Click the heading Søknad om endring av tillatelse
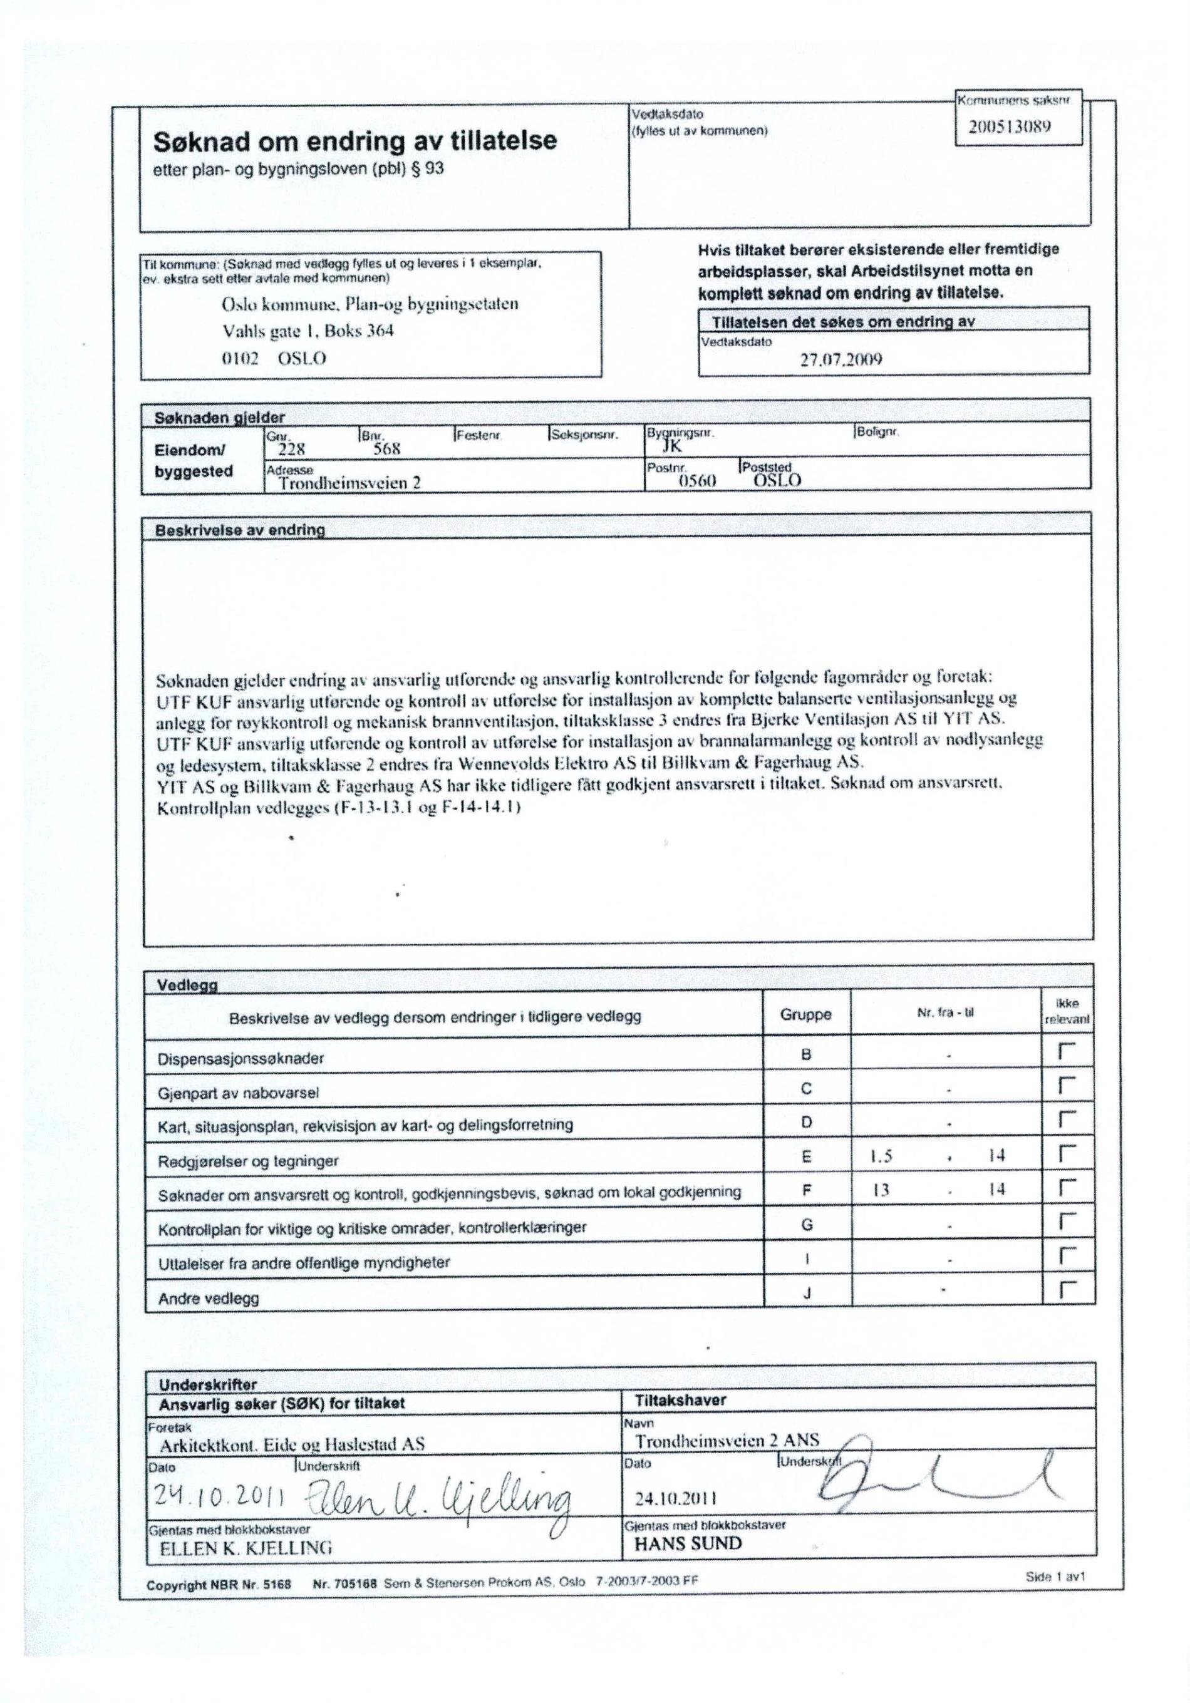tap(354, 140)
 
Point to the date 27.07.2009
tap(841, 360)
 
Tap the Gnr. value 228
tap(291, 449)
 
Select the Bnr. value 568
tap(386, 449)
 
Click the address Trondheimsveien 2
tap(349, 483)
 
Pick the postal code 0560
tap(696, 481)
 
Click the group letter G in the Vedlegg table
tap(807, 1225)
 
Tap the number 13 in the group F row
tap(880, 1190)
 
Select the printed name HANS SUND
tap(688, 1544)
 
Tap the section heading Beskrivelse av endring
tap(240, 530)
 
